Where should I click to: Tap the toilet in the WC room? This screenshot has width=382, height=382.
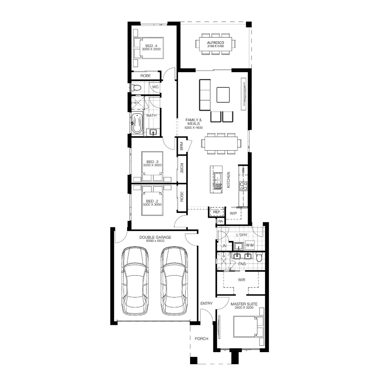click(136, 88)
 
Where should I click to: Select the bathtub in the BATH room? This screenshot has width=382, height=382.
click(137, 124)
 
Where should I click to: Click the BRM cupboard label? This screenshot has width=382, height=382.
click(182, 146)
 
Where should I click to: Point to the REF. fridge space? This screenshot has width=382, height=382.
click(216, 212)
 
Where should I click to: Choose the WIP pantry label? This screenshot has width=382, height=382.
click(233, 213)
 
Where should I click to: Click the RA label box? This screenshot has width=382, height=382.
click(221, 221)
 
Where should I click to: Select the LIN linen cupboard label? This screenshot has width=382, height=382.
click(223, 246)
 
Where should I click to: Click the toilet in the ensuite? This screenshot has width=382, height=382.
click(259, 257)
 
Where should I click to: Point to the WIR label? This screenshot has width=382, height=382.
click(241, 280)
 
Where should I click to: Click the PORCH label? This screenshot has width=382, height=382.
click(201, 339)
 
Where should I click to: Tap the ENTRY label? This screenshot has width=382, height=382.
click(206, 303)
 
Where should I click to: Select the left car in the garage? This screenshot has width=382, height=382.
click(135, 280)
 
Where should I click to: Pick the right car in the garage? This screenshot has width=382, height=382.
click(174, 280)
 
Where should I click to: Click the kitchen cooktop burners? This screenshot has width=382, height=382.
click(243, 186)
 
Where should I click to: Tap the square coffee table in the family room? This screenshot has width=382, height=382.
click(223, 95)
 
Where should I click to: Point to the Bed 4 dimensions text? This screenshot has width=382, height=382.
click(151, 49)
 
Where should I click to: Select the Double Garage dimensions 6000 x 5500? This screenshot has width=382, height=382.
click(155, 241)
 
